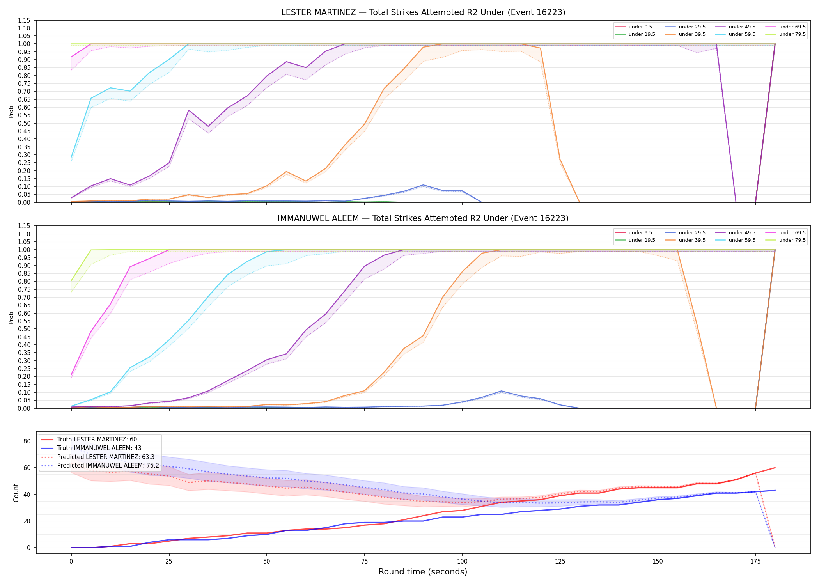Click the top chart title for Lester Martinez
pos(423,12)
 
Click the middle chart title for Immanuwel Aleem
pos(423,218)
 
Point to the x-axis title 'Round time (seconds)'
pos(423,572)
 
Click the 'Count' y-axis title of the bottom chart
pos(16,493)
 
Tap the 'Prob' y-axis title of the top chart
pos(11,112)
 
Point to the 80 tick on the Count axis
pos(27,441)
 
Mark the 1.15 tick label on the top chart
pos(24,20)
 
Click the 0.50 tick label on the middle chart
pos(24,329)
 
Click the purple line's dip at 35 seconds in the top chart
pos(208,126)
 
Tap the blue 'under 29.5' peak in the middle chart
pos(501,391)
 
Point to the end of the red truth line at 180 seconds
pos(775,468)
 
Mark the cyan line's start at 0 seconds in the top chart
pos(71,157)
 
